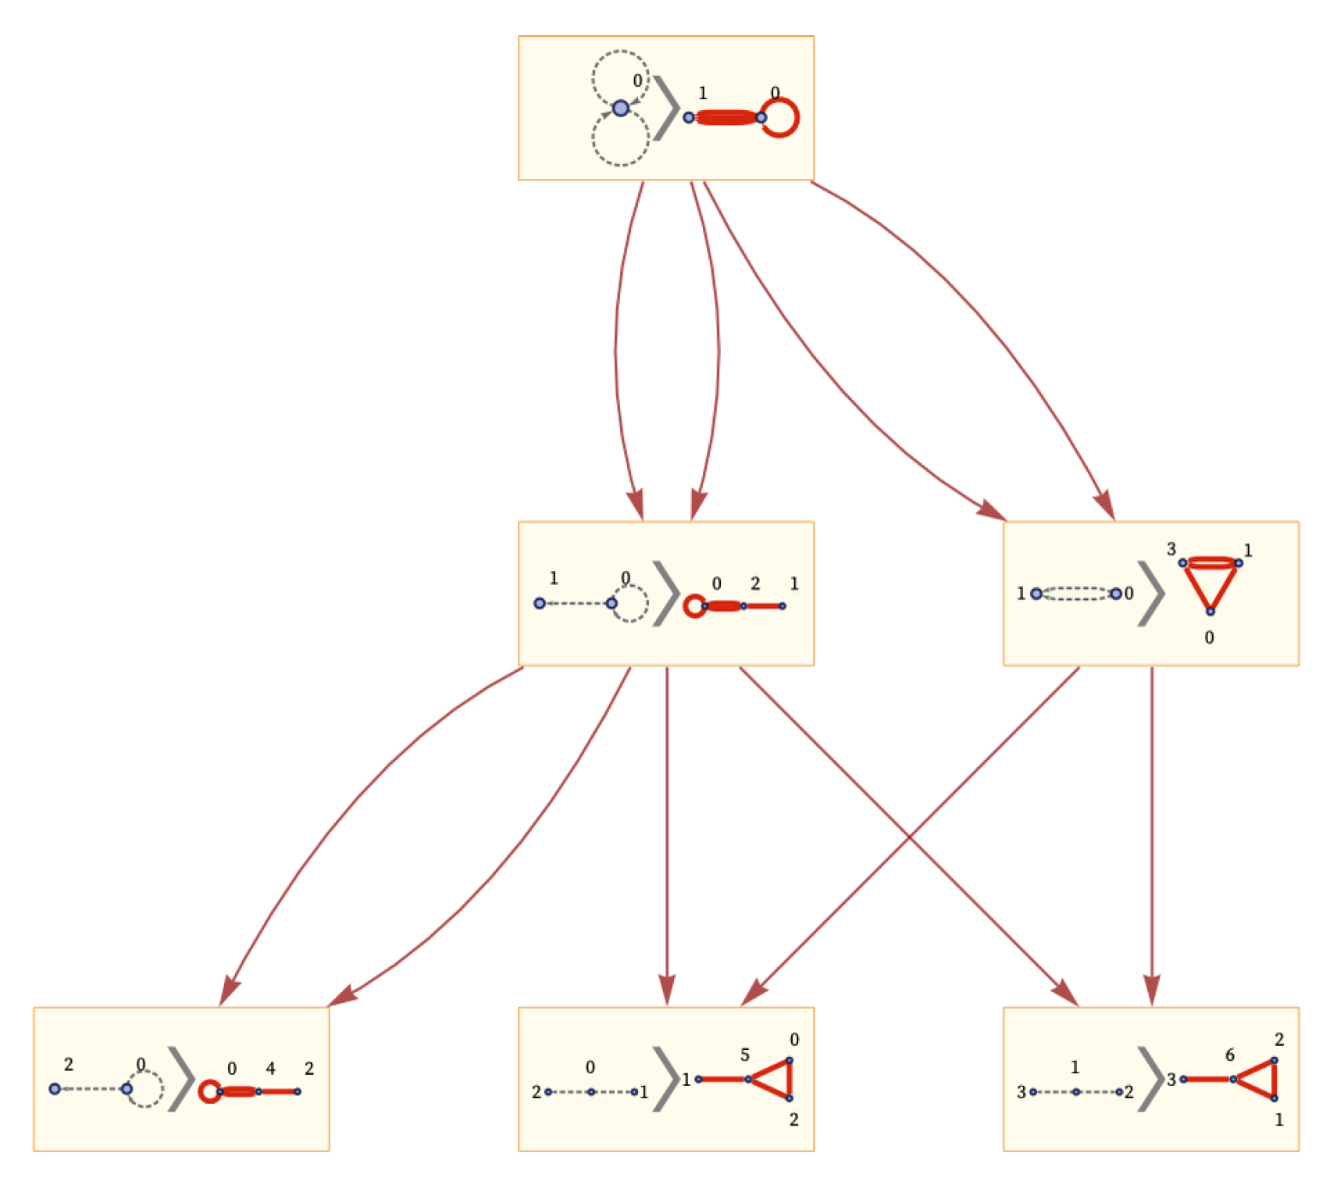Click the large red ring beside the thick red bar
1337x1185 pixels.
pos(779,118)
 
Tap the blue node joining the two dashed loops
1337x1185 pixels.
pos(620,108)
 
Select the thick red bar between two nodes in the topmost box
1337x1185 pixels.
pos(726,118)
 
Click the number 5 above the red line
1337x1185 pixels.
pos(745,1055)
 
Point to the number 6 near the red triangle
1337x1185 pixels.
pos(1230,1055)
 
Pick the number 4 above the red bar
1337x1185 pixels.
pos(270,1068)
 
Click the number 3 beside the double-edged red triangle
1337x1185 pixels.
pos(1171,549)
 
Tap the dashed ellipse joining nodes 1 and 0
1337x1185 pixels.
pos(1075,594)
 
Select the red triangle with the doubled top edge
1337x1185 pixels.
pos(1210,582)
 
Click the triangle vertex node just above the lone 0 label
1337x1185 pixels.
pos(1210,611)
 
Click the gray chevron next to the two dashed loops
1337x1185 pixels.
pos(666,108)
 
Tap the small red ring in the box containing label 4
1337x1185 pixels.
pos(209,1090)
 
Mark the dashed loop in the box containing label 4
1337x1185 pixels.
pos(146,1089)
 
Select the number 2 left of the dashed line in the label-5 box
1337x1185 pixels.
pos(536,1091)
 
